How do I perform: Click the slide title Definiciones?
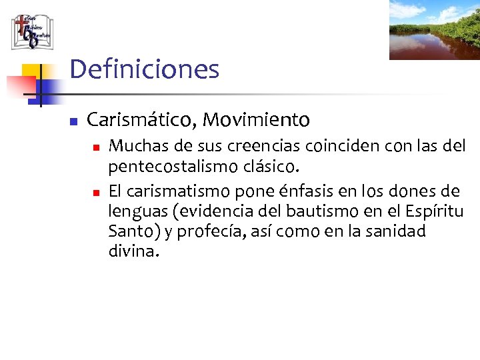(144, 69)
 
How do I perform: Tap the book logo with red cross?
(31, 31)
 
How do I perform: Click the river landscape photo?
(434, 30)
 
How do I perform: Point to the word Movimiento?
(256, 120)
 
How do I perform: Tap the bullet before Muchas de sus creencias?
(95, 146)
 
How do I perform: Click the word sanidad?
(397, 232)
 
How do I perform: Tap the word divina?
(133, 252)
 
